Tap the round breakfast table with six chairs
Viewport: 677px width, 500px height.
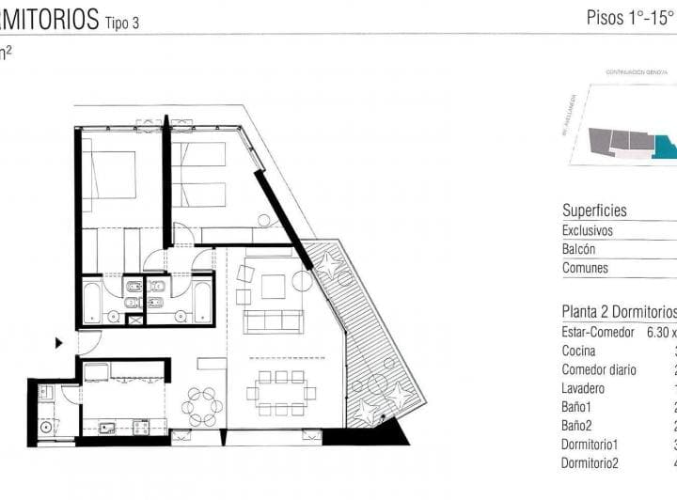coord(202,406)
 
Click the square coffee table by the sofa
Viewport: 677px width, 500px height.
coord(273,286)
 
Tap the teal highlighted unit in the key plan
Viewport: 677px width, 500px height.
coord(665,148)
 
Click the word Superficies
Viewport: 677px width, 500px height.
coord(594,211)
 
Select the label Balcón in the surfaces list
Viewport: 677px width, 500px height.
coord(580,249)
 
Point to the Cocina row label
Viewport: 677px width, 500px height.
coord(579,351)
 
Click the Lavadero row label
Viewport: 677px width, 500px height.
coord(583,388)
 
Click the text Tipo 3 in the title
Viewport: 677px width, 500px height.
coord(122,23)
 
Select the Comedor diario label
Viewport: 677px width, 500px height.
coord(599,369)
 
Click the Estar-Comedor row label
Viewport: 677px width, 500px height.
coord(599,332)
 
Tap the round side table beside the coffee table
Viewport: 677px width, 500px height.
coord(302,281)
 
